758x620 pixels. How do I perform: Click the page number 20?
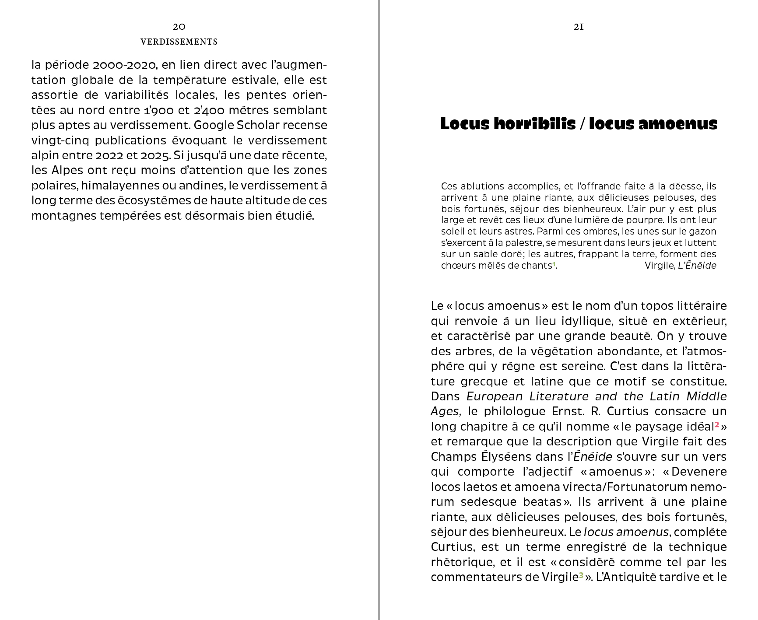(179, 27)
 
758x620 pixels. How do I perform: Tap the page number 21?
(579, 27)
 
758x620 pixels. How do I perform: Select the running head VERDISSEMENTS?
(179, 42)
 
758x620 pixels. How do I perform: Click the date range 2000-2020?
(125, 65)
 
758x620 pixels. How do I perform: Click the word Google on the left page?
(213, 125)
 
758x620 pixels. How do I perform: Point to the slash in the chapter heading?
(582, 124)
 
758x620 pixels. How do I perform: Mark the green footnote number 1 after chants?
(554, 264)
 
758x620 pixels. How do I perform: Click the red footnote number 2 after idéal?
(717, 424)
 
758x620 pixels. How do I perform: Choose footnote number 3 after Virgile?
(581, 575)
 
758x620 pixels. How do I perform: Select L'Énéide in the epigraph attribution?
(697, 265)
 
